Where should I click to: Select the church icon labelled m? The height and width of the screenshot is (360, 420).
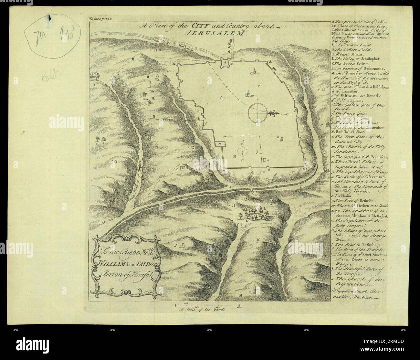(x=248, y=94)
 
